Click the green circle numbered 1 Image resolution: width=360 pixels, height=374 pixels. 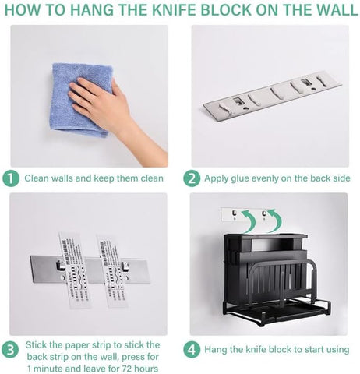[x=11, y=178]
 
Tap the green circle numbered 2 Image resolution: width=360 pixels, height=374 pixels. [x=192, y=178]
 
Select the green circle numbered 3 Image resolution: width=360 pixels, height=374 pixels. [x=11, y=349]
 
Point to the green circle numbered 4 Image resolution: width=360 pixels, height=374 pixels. [x=192, y=349]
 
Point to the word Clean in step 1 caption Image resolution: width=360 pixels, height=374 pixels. [x=40, y=178]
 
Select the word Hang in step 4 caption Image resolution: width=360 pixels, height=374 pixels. [x=217, y=349]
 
